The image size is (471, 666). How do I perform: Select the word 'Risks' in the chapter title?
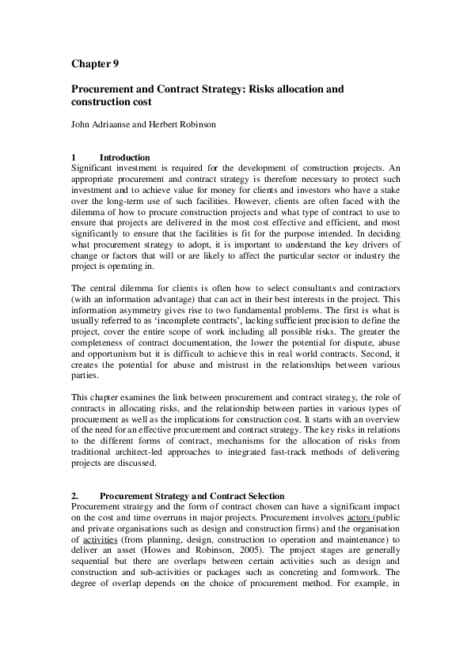(265, 90)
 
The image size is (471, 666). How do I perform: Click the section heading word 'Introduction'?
(125, 157)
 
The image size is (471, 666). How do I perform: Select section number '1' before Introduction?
(74, 157)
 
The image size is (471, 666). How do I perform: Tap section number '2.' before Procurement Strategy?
(75, 496)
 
